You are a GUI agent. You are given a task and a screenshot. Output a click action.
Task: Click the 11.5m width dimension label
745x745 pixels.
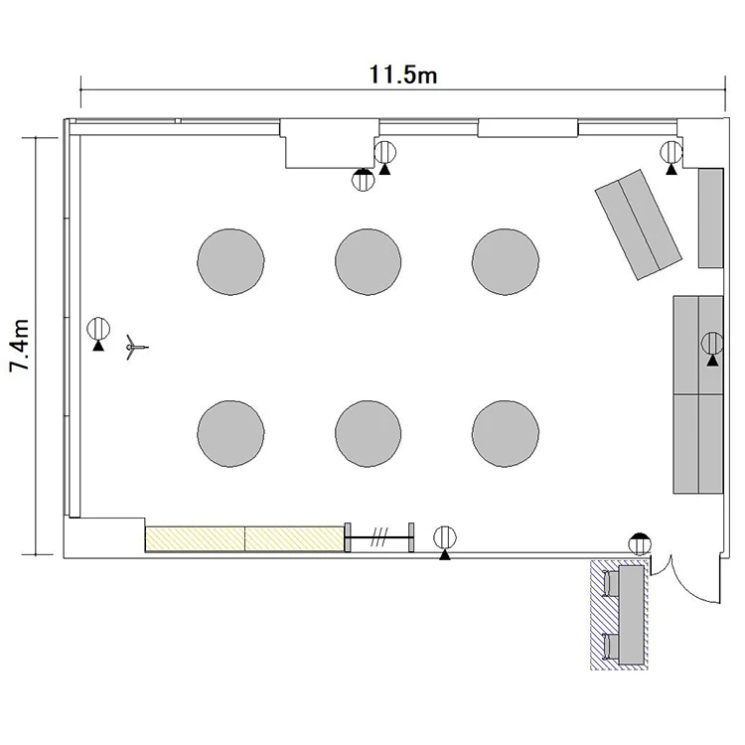[403, 75]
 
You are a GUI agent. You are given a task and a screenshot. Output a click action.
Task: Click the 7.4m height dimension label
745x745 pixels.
[20, 345]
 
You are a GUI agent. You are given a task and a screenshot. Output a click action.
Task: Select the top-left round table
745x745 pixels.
[230, 262]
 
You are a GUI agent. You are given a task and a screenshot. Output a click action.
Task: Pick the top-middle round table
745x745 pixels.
[369, 262]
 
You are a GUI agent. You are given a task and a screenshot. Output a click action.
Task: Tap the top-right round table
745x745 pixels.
[506, 262]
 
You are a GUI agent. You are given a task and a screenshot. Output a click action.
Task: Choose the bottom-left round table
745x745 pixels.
[230, 433]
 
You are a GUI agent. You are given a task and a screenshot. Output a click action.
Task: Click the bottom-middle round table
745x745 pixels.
[369, 433]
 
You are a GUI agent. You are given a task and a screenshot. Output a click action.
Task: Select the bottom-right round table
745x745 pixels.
[506, 433]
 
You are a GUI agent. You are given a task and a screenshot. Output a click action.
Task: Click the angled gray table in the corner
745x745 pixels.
[638, 224]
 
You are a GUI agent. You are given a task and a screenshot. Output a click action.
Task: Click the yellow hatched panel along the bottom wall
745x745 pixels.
[244, 538]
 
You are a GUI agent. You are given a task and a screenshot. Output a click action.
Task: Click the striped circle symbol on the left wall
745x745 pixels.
[98, 329]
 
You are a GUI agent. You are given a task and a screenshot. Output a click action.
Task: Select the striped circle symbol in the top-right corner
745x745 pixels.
[671, 153]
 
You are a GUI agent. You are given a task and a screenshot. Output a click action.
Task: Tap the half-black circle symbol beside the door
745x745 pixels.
[640, 544]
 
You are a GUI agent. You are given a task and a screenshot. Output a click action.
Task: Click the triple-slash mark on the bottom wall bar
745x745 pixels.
[379, 536]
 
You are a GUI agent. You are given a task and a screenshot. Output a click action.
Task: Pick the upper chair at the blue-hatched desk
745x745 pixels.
[611, 583]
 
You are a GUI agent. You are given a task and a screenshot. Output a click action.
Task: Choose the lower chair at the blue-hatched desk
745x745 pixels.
[611, 647]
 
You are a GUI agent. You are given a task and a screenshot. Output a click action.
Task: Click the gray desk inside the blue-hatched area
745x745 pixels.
[632, 615]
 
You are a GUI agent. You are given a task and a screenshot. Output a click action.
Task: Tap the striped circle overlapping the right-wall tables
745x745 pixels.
[712, 343]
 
